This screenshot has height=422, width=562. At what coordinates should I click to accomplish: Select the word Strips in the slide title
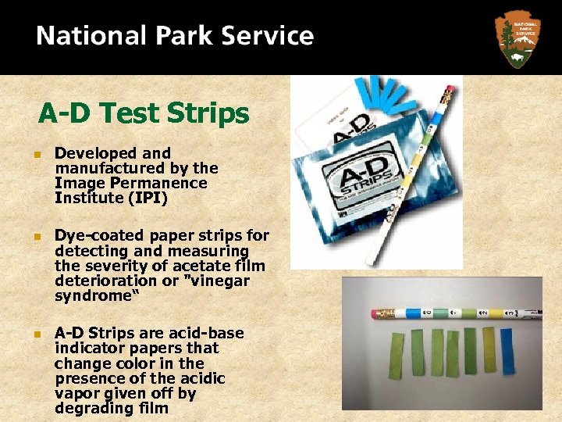tap(207, 114)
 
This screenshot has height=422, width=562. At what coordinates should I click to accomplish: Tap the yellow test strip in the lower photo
tap(489, 348)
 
